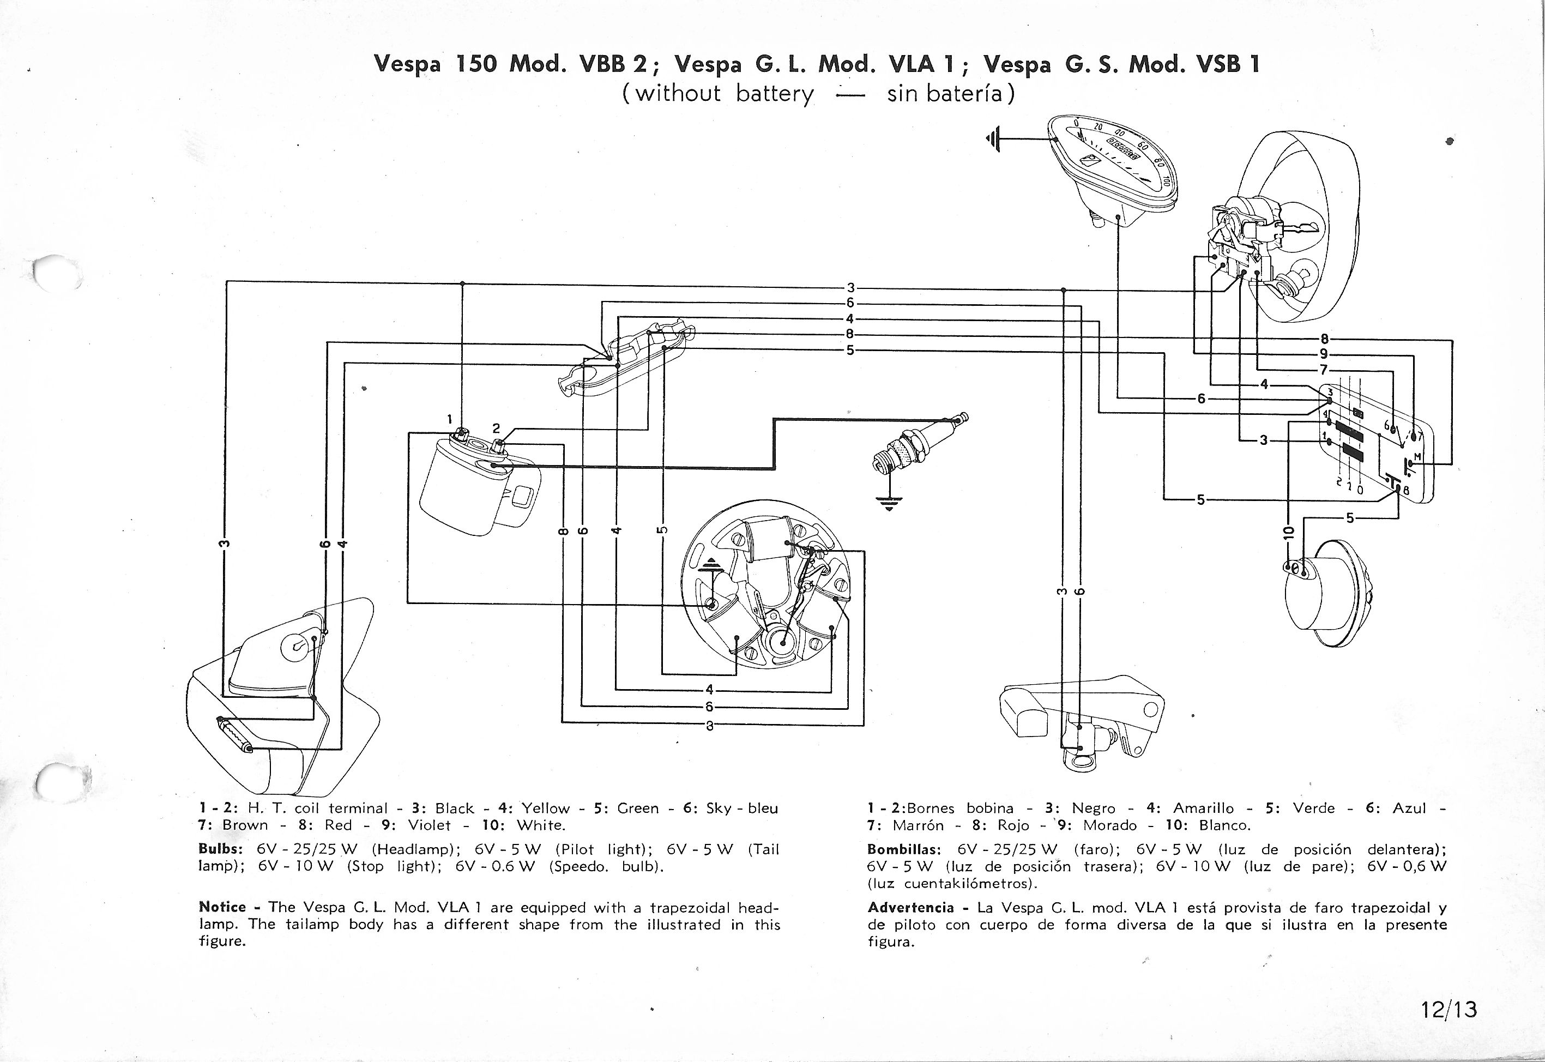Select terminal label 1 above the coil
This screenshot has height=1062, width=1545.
[x=449, y=419]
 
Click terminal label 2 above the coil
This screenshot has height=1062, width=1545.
[x=496, y=429]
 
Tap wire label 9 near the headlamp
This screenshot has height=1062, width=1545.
[x=1324, y=354]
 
